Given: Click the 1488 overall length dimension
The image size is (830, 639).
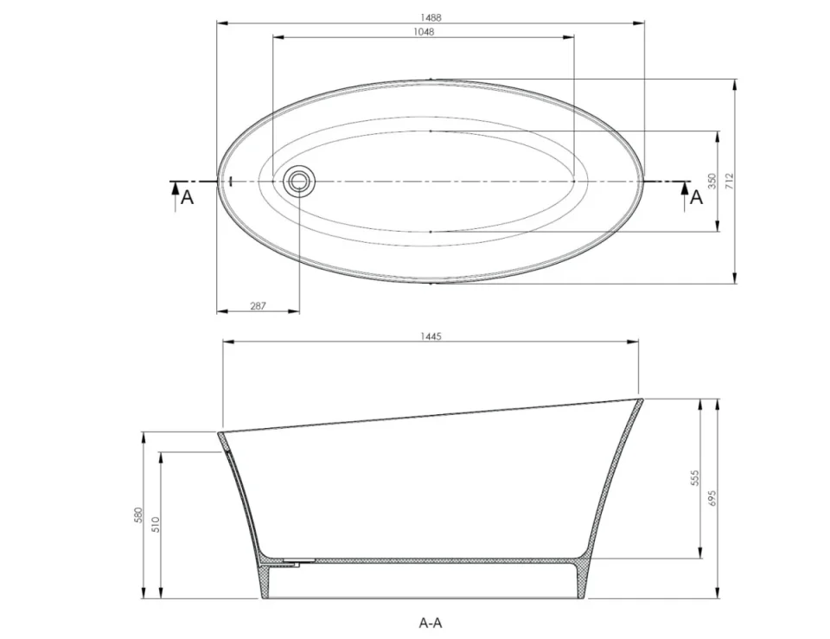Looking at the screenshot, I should coord(430,16).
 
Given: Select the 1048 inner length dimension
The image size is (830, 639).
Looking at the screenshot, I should coord(424,31).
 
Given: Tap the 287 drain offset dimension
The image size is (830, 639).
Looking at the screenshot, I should coord(257,305).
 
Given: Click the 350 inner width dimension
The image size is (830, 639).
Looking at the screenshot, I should coord(712,181).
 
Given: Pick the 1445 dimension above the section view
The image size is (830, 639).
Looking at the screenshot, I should coord(431,336).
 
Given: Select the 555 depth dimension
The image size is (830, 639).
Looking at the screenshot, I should coord(694,478).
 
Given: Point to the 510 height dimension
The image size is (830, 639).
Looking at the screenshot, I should coord(156,524).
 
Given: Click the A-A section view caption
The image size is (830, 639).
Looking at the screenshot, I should coord(431,622).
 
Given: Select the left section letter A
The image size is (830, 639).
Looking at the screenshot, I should coord(187,198).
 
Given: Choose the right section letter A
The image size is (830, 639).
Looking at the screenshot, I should coord(696,198).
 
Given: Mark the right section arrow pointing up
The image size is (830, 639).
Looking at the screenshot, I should coord(685,190).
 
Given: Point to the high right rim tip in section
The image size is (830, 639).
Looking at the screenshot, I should coord(641,400).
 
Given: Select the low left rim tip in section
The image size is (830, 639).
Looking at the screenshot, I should coord(220,433).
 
